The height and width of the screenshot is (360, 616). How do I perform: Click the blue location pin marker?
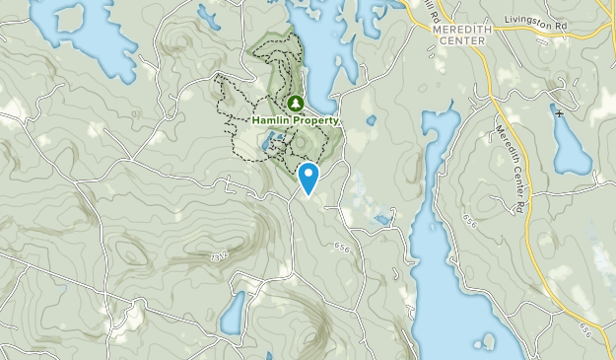pyautogui.click(x=308, y=178)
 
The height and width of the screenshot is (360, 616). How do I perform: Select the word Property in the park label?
pyautogui.click(x=316, y=121)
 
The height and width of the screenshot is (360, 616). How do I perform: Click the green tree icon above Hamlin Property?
pyautogui.click(x=294, y=103)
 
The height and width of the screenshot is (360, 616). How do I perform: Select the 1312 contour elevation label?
pyautogui.click(x=218, y=255)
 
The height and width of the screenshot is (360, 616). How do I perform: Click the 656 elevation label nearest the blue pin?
pyautogui.click(x=342, y=247)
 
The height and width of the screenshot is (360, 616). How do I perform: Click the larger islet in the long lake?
pyautogui.click(x=486, y=341)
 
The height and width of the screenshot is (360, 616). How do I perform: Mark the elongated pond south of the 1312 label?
pyautogui.click(x=233, y=315)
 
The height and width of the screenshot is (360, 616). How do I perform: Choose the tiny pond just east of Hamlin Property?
pyautogui.click(x=371, y=120)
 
